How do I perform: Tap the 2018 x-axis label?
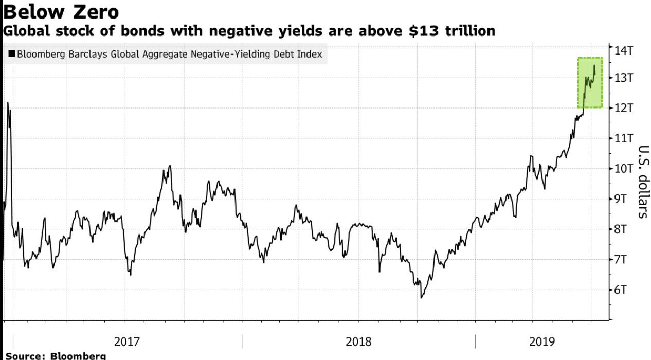click(x=359, y=341)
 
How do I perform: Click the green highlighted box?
click(x=590, y=82)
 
